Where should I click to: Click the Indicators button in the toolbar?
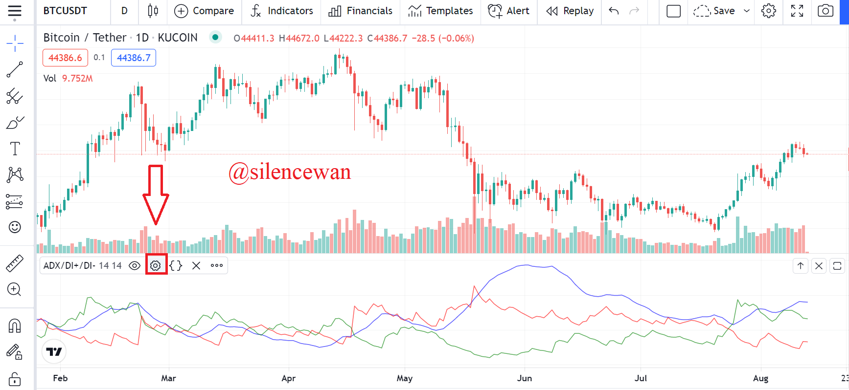point(281,11)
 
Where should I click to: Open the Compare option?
point(204,11)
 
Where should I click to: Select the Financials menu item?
point(361,11)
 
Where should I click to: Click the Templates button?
point(440,11)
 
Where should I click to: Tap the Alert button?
point(509,11)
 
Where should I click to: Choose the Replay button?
point(570,11)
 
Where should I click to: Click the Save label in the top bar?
point(724,11)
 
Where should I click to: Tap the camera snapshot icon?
point(826,11)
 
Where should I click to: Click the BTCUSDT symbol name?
point(65,11)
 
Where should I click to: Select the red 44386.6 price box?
point(65,58)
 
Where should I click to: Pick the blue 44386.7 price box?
point(134,58)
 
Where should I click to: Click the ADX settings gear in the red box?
point(156,265)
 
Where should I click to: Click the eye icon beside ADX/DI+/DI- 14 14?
point(135,265)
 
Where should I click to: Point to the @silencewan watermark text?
point(290,172)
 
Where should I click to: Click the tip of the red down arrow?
point(156,224)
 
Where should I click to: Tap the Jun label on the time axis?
point(525,378)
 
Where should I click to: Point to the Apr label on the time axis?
point(289,378)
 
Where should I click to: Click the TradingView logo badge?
point(54,352)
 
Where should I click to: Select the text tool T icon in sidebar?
point(15,149)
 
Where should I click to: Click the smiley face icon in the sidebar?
point(15,227)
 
